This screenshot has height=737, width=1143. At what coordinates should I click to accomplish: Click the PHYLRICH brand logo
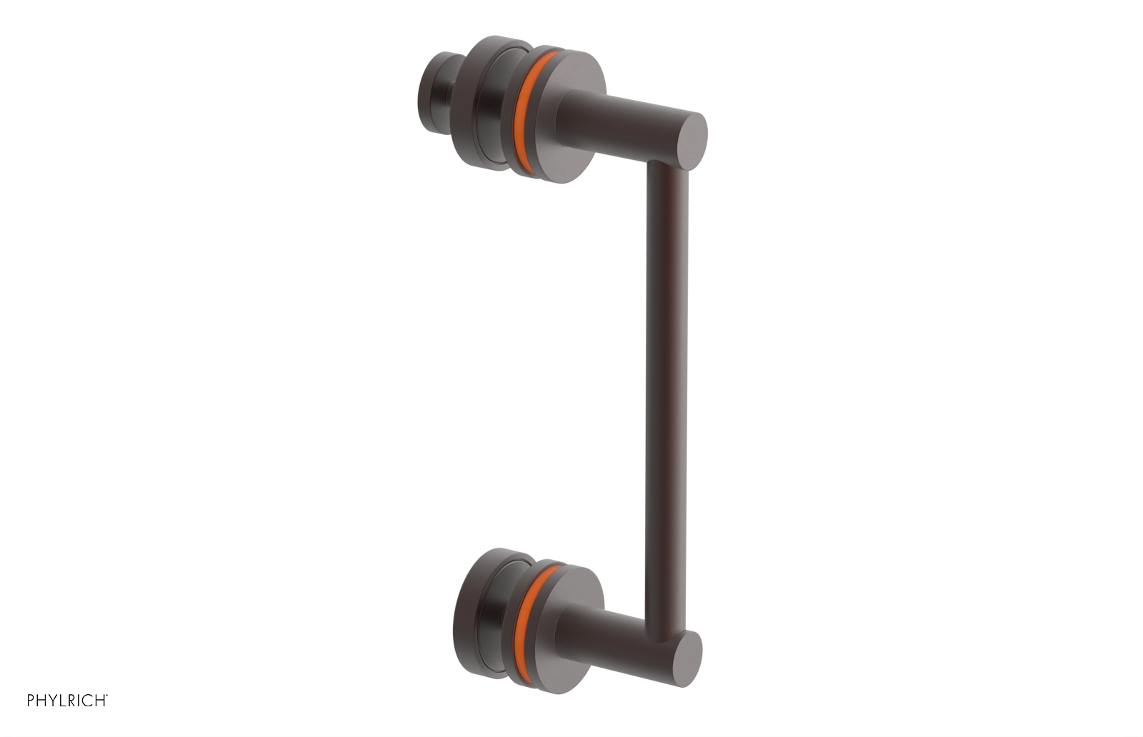(67, 701)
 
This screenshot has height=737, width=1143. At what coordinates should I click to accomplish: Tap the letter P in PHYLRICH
(31, 701)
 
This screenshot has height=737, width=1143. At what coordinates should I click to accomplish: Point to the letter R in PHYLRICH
(74, 701)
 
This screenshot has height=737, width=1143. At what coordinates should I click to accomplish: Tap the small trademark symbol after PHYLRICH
(107, 696)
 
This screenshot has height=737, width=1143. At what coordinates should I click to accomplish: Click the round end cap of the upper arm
(691, 141)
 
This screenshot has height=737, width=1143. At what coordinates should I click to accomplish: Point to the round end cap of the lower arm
(687, 658)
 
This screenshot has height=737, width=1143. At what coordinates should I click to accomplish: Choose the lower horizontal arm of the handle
(622, 636)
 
